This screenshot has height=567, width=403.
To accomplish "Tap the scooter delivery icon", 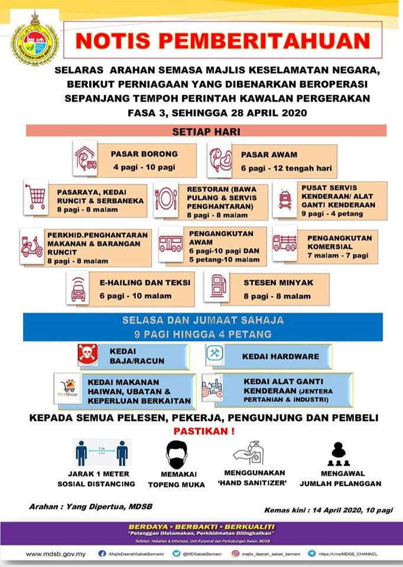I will [32, 246].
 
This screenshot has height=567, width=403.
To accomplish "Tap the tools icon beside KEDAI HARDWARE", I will [214, 354].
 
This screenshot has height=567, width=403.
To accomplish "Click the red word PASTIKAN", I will [204, 431].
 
